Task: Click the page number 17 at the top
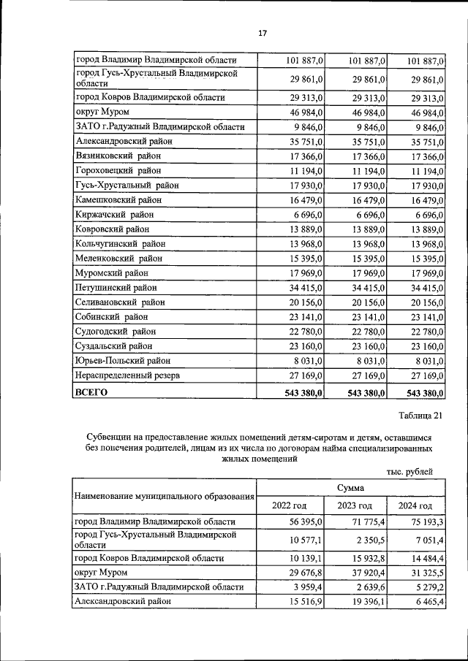263,32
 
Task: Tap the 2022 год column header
289,505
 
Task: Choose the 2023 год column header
355,505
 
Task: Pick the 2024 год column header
415,505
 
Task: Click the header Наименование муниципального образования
165,497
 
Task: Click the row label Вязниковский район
118,156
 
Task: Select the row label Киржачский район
114,214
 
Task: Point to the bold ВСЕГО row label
91,392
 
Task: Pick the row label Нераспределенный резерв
128,375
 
